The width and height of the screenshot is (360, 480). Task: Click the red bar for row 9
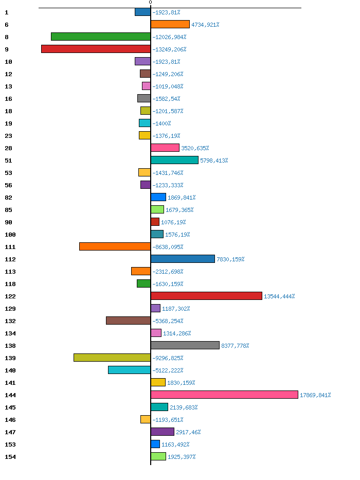click(x=96, y=49)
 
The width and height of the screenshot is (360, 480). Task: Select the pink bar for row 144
click(x=224, y=395)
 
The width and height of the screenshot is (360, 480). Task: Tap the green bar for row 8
click(x=101, y=37)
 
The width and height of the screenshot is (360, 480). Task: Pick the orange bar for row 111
click(x=115, y=246)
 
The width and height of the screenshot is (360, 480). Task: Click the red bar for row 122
click(x=206, y=296)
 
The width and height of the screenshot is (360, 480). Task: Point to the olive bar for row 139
click(x=112, y=358)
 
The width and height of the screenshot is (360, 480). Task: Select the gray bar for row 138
click(x=185, y=345)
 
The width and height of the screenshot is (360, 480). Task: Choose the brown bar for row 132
click(x=128, y=321)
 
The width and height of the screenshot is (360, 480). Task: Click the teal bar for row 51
click(x=174, y=160)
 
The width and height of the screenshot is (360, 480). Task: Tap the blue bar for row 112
click(x=183, y=259)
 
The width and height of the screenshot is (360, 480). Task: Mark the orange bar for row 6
click(x=170, y=24)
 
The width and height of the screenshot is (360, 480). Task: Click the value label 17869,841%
click(x=315, y=395)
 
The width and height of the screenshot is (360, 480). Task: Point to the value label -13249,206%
click(x=169, y=49)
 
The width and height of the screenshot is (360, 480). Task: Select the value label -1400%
click(x=161, y=123)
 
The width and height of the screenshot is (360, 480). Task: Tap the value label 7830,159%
click(x=230, y=259)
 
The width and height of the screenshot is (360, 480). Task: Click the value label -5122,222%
click(x=168, y=370)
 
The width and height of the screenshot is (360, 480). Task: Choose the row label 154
click(x=10, y=457)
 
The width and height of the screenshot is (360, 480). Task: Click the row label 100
click(x=10, y=235)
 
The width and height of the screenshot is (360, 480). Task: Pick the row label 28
click(x=8, y=148)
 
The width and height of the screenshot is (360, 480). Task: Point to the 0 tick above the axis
click(x=150, y=3)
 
